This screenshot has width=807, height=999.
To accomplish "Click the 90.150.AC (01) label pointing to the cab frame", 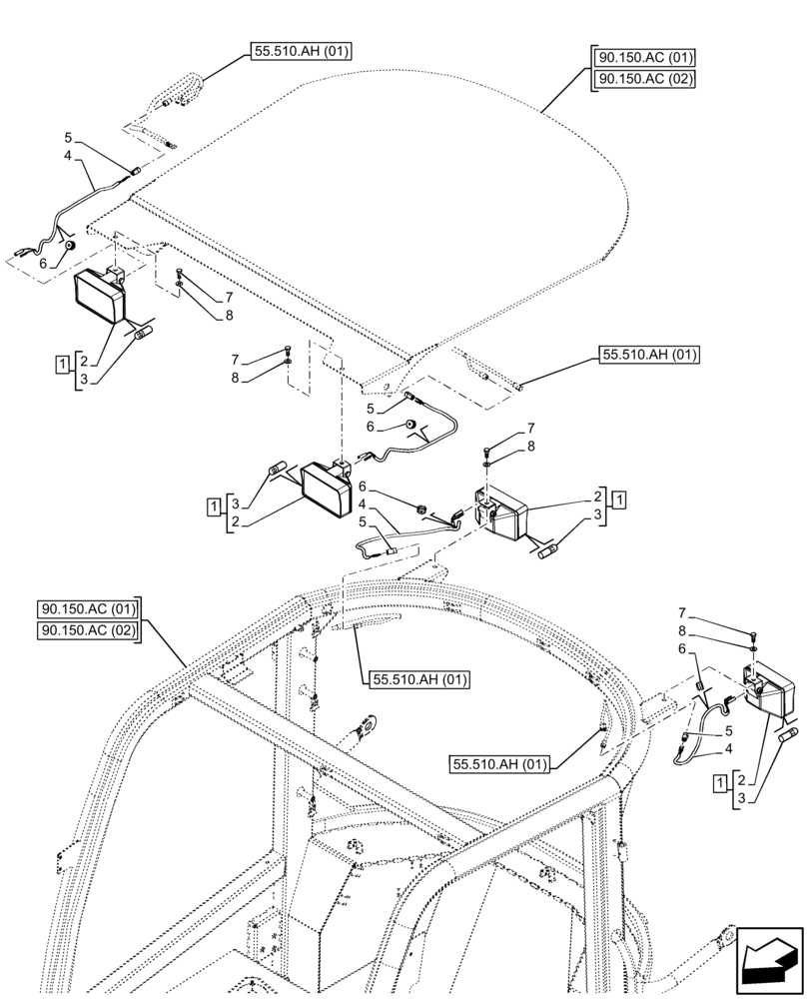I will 90,608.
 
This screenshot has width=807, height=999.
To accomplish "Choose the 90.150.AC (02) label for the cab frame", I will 90,630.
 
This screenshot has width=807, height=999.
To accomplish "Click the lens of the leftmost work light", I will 100,299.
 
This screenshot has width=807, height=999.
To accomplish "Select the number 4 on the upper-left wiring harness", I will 68,156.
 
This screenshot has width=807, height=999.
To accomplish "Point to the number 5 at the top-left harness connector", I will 68,137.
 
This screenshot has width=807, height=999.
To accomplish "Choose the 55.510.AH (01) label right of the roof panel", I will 650,354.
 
